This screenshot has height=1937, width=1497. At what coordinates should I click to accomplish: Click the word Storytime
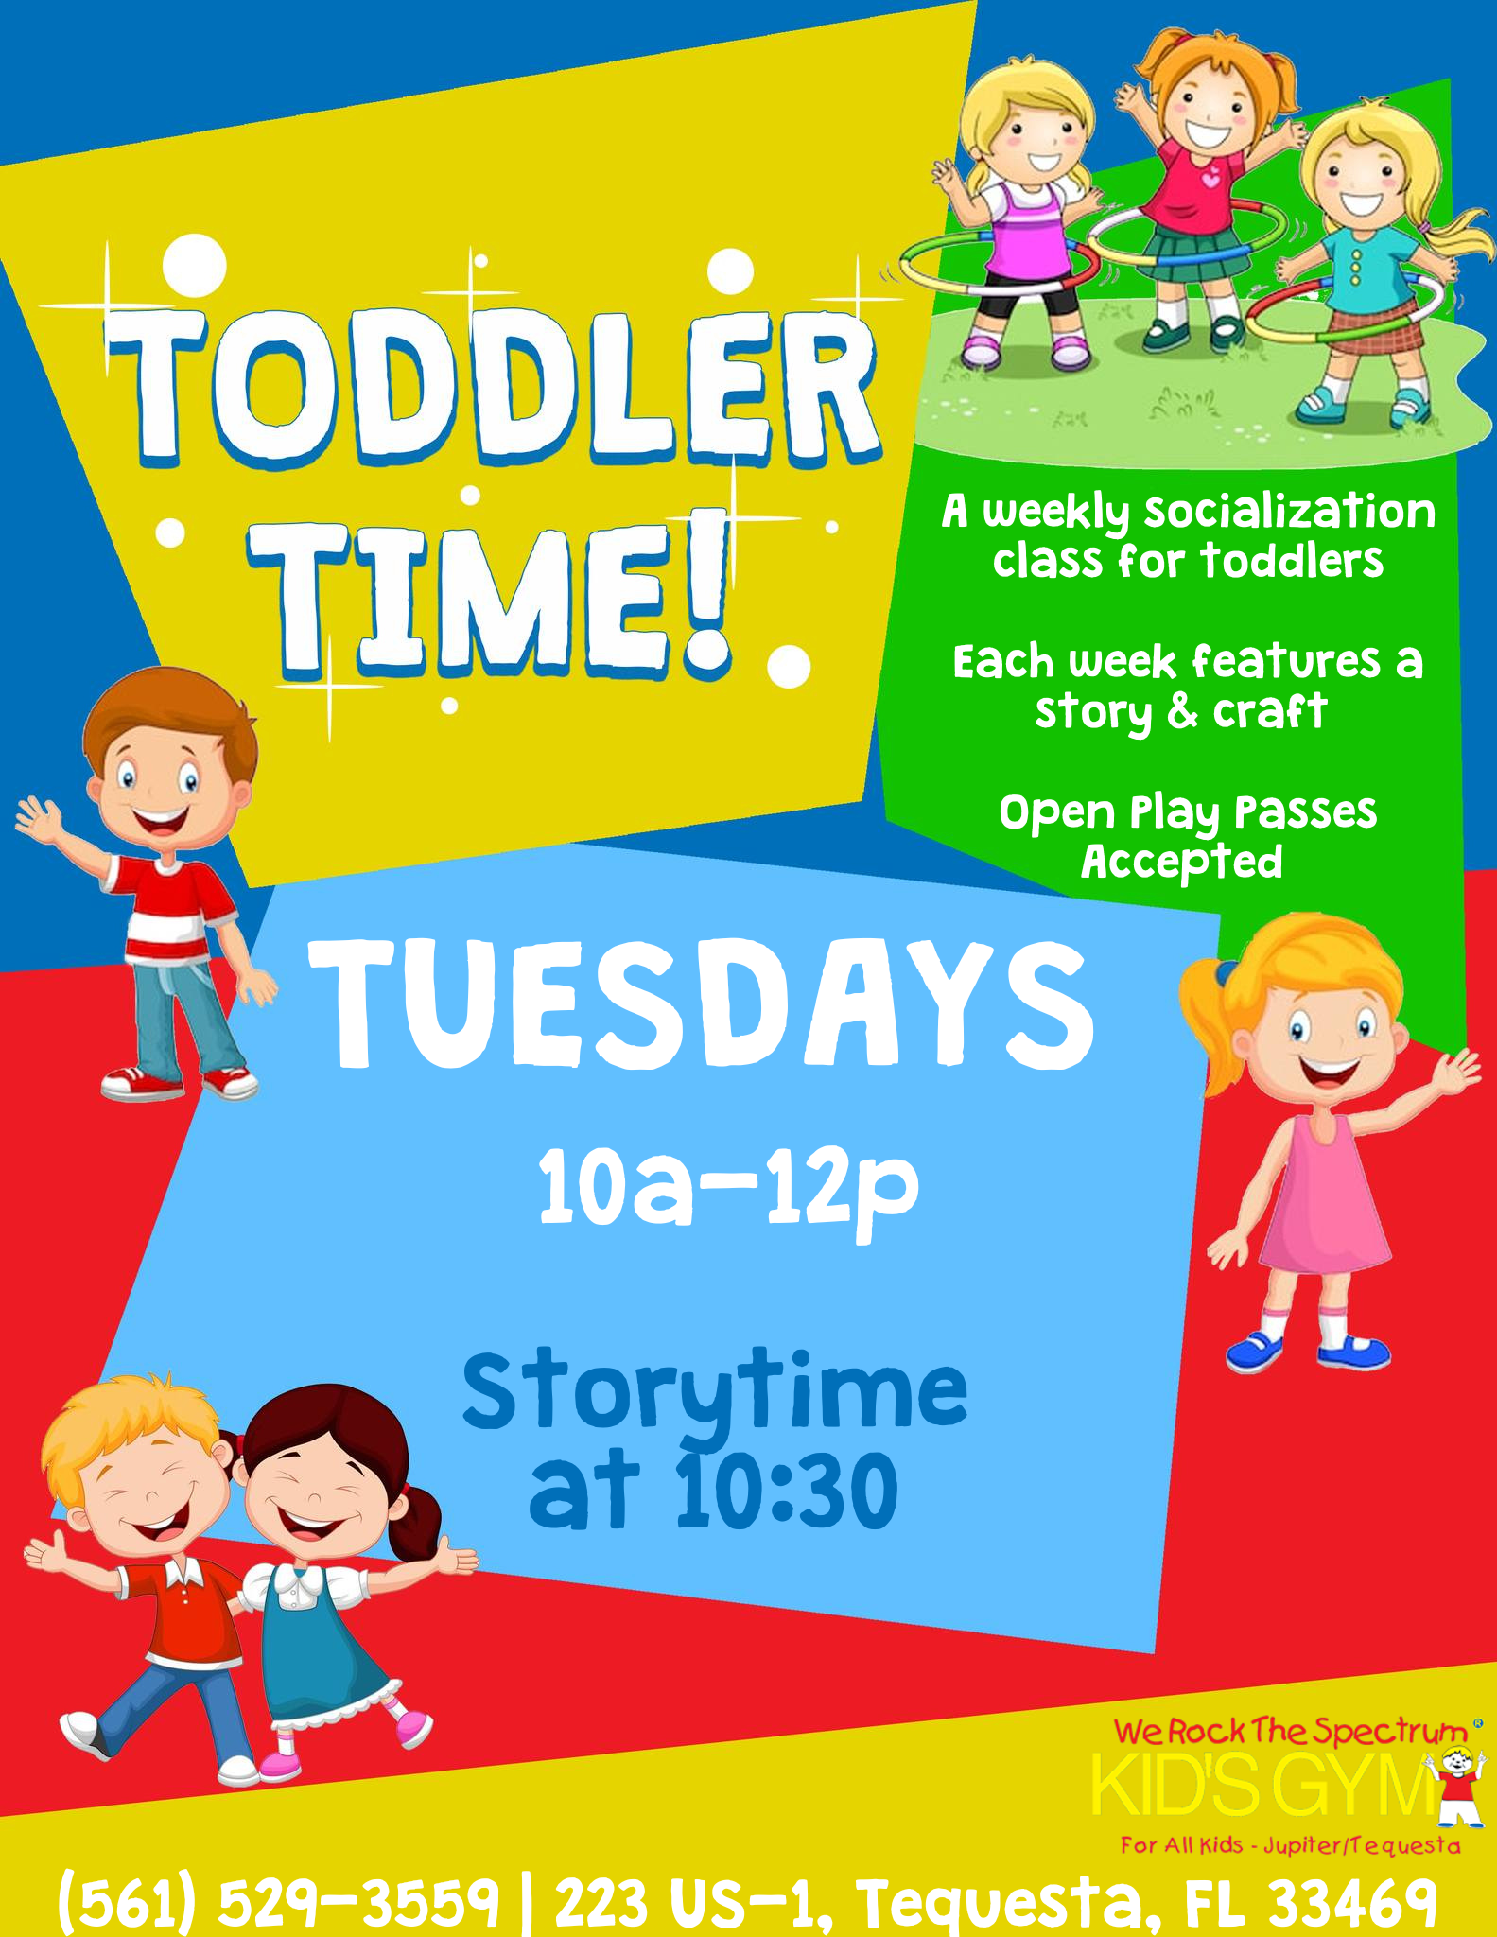[715, 1396]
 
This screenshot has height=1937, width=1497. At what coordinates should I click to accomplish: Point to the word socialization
[1290, 512]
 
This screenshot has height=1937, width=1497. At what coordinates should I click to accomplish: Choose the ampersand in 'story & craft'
[1182, 711]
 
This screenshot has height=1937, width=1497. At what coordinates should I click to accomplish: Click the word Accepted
[1182, 862]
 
